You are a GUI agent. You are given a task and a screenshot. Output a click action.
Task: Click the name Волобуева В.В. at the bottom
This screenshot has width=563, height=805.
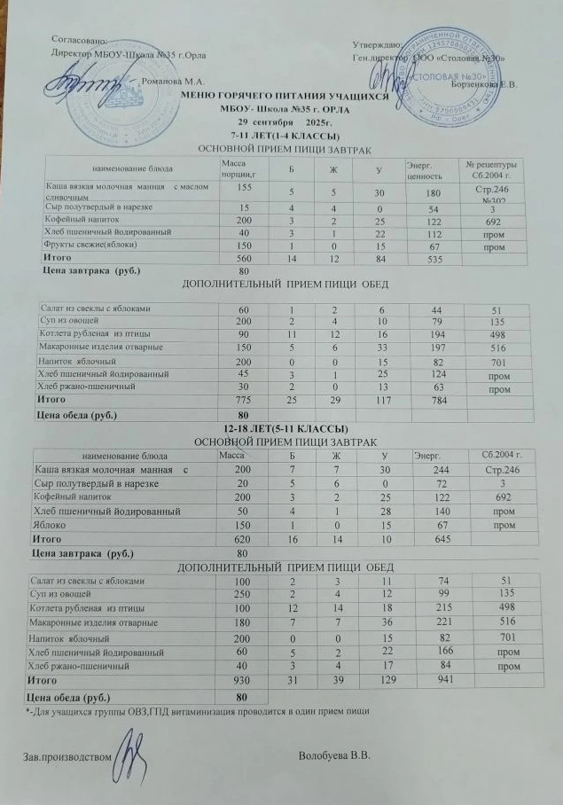[x=334, y=754]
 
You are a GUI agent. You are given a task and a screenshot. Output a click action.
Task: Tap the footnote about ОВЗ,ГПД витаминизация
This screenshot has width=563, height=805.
[x=195, y=710]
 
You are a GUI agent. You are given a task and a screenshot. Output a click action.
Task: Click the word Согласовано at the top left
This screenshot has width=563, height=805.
[x=81, y=40]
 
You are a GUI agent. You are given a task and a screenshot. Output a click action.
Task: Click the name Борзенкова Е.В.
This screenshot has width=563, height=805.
[x=483, y=85]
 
